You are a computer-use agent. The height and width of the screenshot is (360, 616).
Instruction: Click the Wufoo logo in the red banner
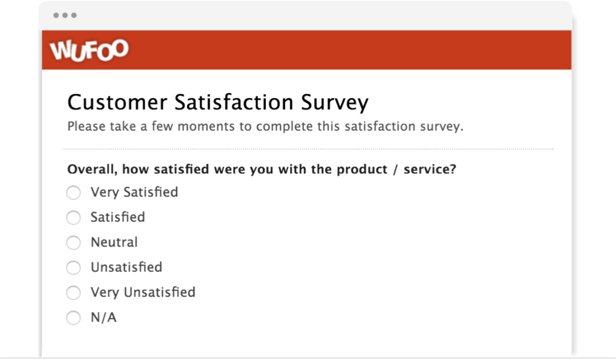89,50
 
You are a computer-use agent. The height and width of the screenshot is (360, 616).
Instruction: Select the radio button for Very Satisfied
74,193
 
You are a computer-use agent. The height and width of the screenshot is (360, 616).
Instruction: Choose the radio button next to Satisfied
74,217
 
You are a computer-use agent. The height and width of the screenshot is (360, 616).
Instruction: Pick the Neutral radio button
74,242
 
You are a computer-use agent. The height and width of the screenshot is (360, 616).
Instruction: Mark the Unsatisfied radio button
74,268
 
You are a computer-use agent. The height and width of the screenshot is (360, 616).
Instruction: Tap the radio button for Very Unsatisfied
74,293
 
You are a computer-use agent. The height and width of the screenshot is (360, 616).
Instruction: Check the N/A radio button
74,318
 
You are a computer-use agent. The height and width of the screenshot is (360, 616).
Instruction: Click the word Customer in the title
117,102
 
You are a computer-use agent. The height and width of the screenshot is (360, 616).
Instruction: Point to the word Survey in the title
335,103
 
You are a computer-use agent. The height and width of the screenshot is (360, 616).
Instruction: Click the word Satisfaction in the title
234,102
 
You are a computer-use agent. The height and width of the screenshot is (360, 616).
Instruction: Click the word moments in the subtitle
206,127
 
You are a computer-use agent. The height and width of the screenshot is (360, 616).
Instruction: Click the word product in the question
362,169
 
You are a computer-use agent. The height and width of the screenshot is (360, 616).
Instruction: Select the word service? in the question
430,169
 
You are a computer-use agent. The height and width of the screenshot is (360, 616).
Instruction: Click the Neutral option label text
114,242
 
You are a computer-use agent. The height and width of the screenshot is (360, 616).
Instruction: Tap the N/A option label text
104,317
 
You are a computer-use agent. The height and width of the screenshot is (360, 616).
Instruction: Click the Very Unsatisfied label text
143,293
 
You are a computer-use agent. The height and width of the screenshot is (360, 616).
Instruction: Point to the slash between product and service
395,170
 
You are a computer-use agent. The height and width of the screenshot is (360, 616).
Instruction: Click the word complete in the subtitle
285,127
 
